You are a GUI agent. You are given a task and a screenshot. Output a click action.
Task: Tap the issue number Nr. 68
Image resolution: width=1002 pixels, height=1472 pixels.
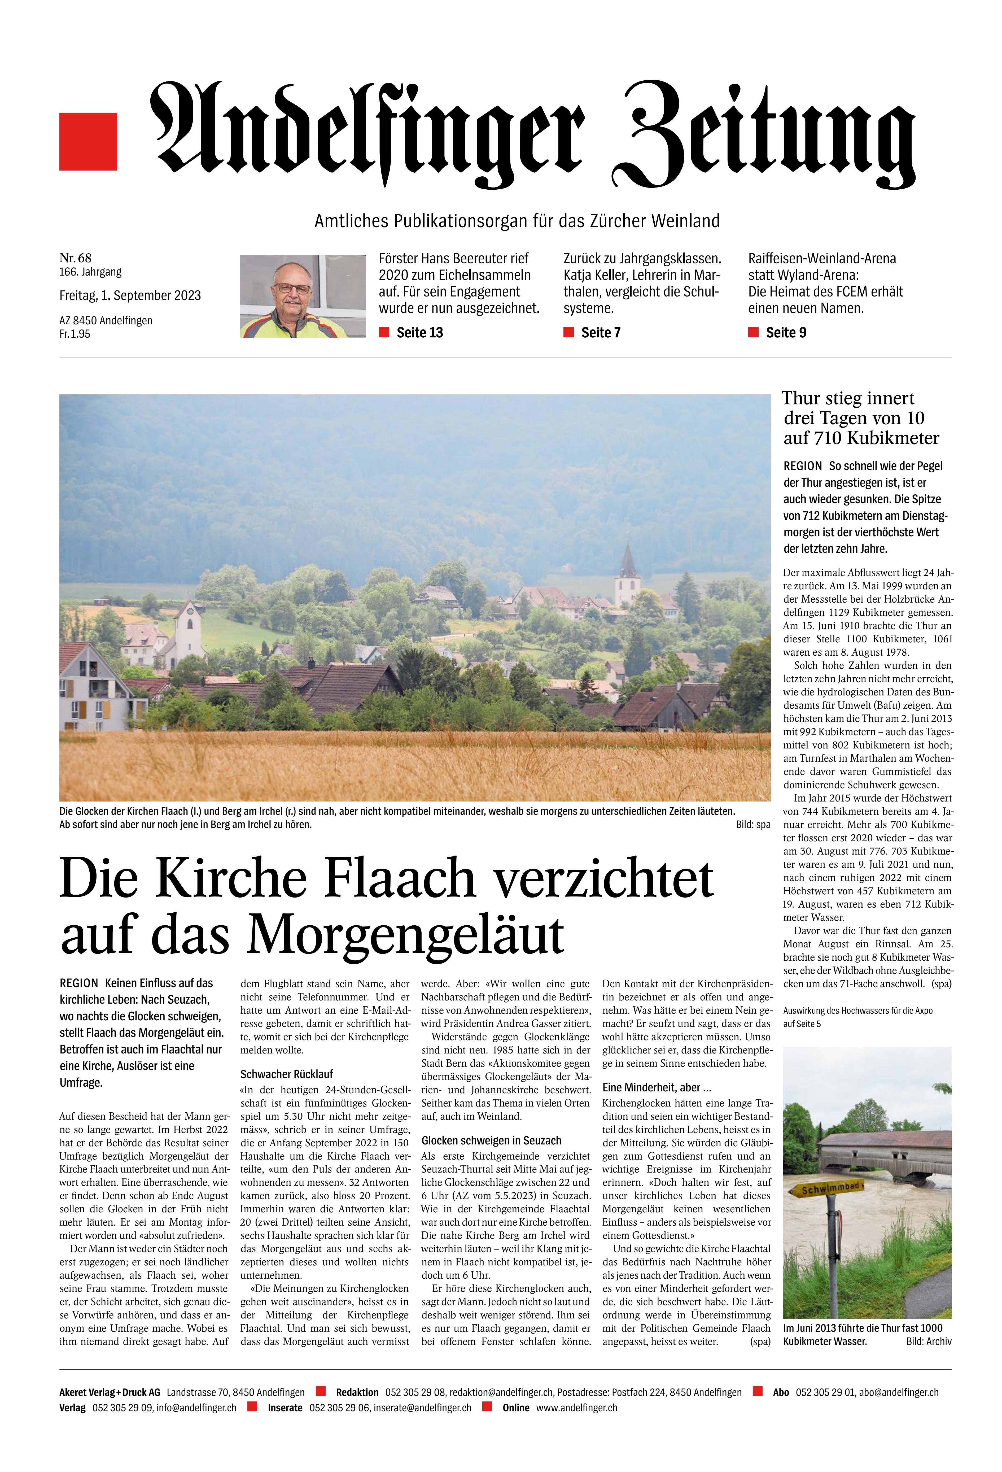pyautogui.click(x=75, y=257)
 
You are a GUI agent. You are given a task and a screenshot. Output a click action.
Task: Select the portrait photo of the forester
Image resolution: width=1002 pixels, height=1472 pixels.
pyautogui.click(x=303, y=296)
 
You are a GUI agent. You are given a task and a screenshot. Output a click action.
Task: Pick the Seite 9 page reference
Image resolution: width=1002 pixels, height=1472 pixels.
pyautogui.click(x=785, y=333)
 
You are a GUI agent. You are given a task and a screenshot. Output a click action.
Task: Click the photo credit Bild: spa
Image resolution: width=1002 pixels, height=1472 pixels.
pyautogui.click(x=754, y=825)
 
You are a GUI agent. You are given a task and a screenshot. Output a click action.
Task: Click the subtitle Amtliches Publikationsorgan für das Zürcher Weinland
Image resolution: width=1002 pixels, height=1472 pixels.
pyautogui.click(x=517, y=221)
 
